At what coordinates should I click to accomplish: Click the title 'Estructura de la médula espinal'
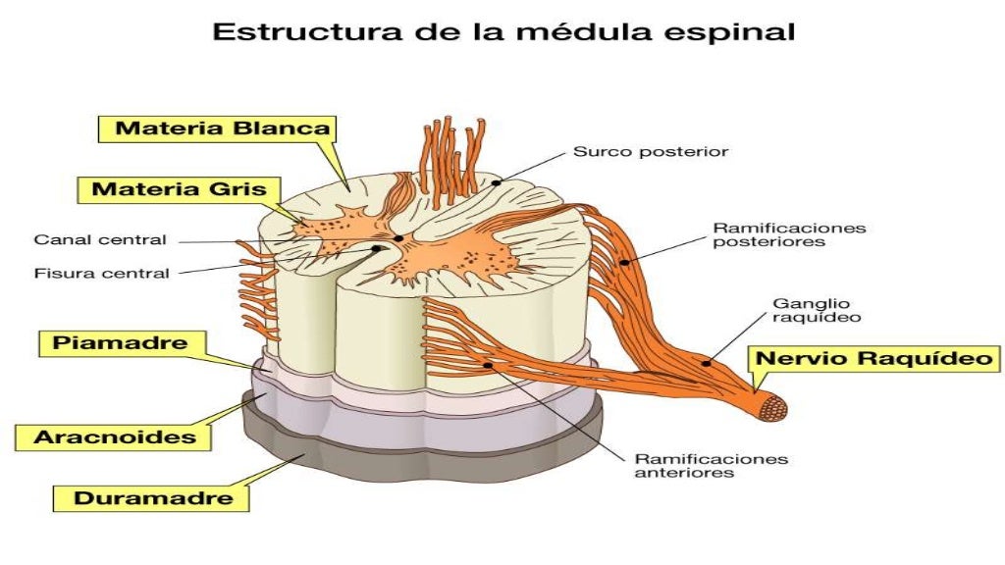pos(503,31)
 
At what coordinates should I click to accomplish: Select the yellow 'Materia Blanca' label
pos(224,128)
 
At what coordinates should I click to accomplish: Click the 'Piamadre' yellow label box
pos(121,344)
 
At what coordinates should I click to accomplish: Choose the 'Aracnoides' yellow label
pos(115,437)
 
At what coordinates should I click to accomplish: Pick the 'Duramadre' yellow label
pos(154,497)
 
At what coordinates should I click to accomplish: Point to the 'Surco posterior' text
pos(650,152)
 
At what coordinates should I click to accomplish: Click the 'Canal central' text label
pos(100,239)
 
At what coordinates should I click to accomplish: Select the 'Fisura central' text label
pos(101,273)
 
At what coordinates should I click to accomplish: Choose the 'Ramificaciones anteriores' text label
pos(711,465)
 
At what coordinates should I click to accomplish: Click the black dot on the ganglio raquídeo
pos(706,363)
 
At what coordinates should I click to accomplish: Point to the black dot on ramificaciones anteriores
pos(488,365)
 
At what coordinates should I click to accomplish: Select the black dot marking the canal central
pos(398,237)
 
